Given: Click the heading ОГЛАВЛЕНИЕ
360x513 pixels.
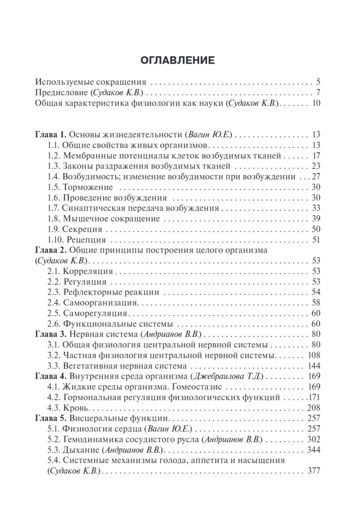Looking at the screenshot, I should [178, 60].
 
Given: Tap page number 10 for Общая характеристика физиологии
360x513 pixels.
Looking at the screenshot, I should [316, 103].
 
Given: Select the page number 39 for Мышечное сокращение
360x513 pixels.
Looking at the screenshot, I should [316, 219].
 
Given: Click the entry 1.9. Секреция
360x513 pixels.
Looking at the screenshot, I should [75, 229].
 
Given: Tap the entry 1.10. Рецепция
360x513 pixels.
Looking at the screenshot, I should [77, 240].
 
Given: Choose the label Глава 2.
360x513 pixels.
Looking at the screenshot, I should [51, 250].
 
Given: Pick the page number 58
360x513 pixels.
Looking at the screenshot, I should [316, 303].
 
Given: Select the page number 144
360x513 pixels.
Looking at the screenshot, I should [314, 366].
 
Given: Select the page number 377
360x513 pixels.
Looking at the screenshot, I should [314, 471].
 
